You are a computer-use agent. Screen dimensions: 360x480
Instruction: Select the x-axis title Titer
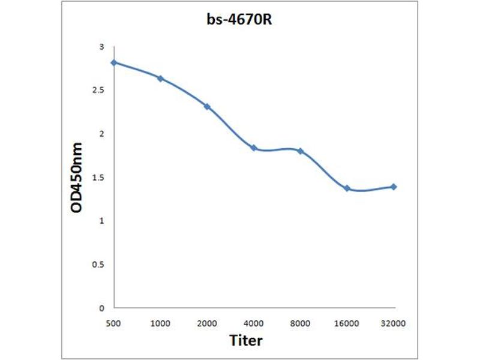pos(247,341)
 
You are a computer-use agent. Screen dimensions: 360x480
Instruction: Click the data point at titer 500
pos(113,62)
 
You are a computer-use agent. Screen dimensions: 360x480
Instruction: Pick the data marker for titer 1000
pos(160,79)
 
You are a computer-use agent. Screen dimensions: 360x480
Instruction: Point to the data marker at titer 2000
pos(207,107)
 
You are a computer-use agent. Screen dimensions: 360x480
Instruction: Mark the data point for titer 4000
pos(254,148)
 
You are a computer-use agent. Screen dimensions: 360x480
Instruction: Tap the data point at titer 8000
pos(300,151)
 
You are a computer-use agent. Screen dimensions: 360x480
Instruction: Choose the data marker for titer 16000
pos(347,188)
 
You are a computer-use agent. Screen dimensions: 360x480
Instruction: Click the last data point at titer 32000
pos(394,187)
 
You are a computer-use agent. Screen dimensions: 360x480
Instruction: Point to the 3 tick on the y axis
pos(101,47)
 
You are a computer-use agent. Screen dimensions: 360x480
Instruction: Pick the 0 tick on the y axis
pos(101,308)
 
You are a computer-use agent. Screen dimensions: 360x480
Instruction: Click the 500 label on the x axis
pos(113,323)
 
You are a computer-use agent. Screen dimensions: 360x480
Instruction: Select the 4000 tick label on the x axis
pos(254,323)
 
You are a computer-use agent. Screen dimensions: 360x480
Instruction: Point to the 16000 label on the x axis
pos(347,323)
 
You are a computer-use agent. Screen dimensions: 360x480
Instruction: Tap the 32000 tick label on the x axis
pos(394,323)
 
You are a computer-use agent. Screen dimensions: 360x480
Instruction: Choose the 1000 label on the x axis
pos(160,323)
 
